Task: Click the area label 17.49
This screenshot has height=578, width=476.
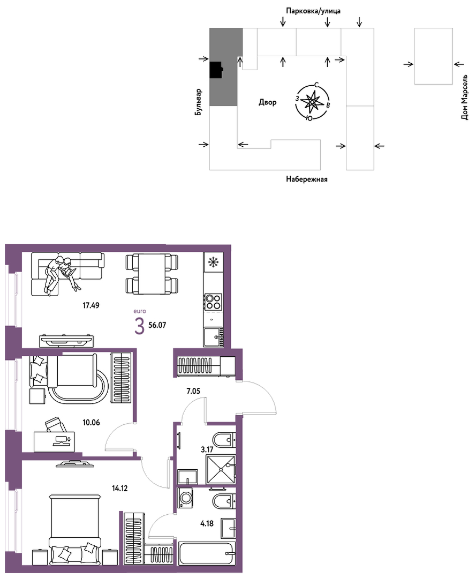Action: point(91,305)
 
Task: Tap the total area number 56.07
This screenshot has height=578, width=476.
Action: point(157,325)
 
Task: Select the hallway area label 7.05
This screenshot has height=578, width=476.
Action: point(193,391)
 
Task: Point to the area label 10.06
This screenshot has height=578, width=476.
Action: point(91,423)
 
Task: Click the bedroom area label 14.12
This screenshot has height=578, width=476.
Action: point(120,489)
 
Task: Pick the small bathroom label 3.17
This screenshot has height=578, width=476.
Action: point(207,449)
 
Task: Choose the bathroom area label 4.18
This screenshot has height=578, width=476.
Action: point(207,523)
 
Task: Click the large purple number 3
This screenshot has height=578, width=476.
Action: point(139,326)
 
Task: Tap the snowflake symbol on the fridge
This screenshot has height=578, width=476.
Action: point(213,262)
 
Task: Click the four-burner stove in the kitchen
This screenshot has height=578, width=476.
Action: point(213,302)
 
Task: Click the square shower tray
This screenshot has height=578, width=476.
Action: point(220,469)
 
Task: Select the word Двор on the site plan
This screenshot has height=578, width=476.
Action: point(268,102)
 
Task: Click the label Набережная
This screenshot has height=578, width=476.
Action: point(306,179)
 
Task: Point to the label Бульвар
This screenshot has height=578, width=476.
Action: point(199,102)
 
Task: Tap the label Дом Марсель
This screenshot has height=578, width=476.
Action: point(465,97)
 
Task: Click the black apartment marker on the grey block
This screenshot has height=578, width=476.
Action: point(216,70)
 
